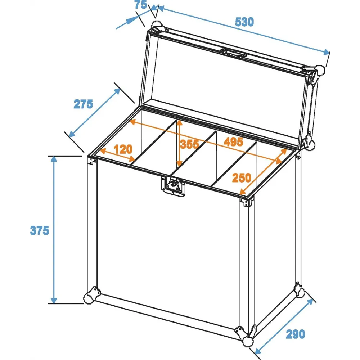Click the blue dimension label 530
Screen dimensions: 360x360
coord(244,22)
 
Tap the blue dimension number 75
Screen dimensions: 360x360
coord(140,5)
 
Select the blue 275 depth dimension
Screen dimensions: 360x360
coord(83,104)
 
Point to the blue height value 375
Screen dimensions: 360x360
coord(40,230)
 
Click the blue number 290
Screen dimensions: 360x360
coord(295,334)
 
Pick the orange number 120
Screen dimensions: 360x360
coord(123,149)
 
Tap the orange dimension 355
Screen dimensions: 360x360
coord(189,144)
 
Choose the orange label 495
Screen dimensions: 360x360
coord(233,141)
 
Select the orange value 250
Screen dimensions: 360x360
coord(242,178)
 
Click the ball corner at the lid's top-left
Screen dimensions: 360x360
coord(157,25)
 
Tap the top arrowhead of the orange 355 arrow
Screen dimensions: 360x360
coord(180,123)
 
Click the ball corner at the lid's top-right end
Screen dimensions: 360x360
coord(320,70)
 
